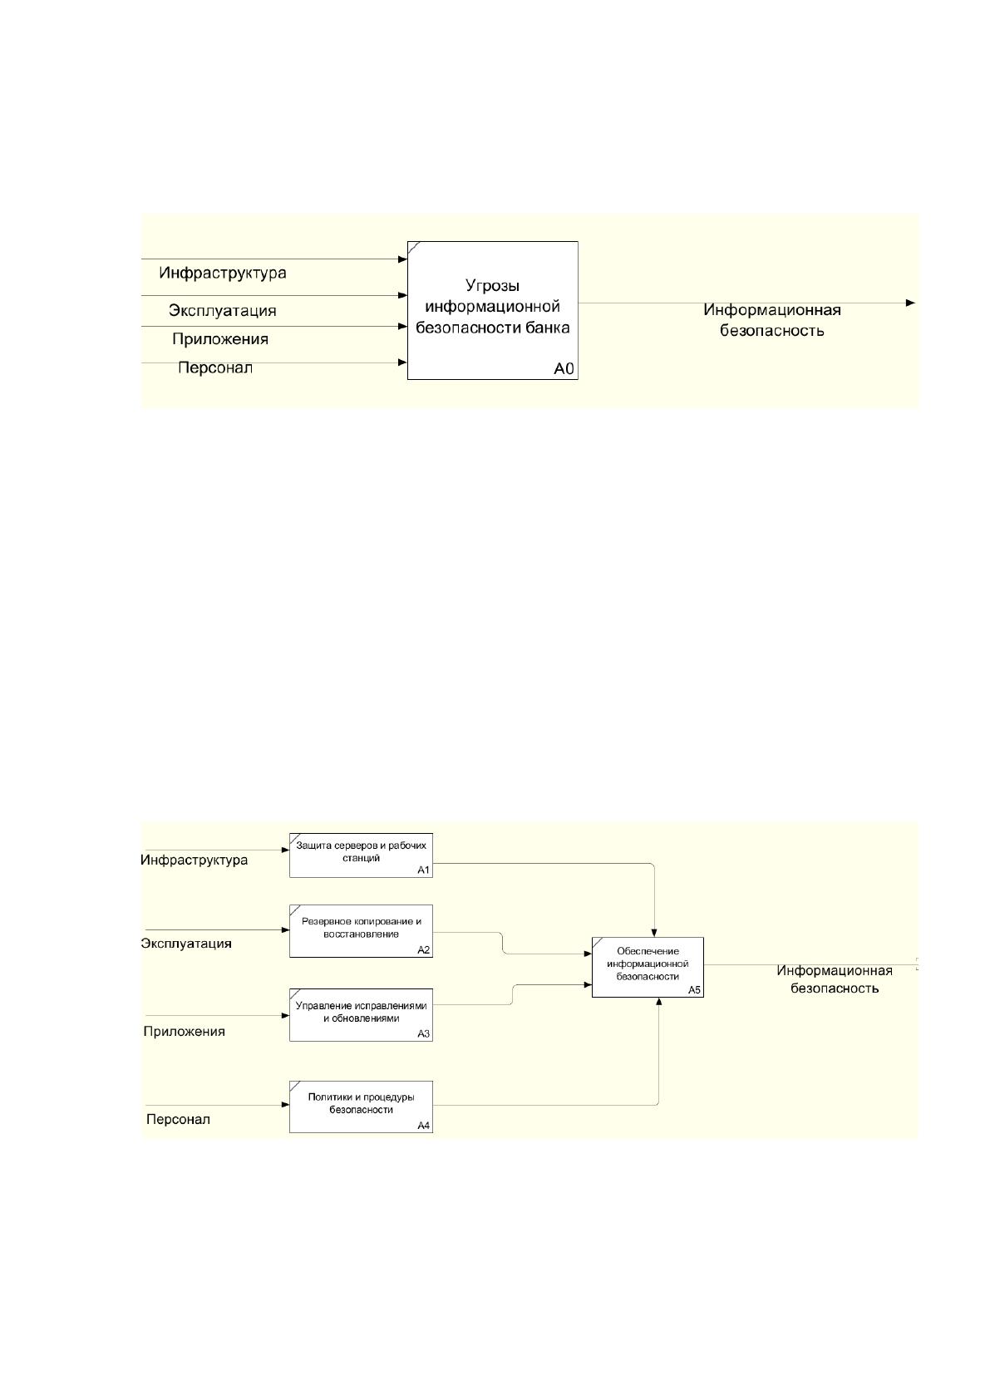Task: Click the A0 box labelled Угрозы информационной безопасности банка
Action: point(492,310)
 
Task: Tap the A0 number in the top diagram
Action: point(564,369)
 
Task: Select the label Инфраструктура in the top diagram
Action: point(223,274)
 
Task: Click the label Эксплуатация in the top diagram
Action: point(223,311)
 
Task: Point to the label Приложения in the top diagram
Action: point(220,339)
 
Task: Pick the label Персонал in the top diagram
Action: point(215,367)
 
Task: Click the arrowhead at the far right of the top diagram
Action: point(911,303)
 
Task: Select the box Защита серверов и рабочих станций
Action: point(362,855)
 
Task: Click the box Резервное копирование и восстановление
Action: point(362,931)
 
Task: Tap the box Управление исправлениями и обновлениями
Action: point(362,1015)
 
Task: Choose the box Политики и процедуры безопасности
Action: point(362,1107)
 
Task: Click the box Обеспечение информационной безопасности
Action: point(648,967)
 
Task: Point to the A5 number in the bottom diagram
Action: point(694,990)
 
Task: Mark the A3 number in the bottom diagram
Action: point(424,1033)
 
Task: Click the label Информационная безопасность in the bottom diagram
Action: point(835,979)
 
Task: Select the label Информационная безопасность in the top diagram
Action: point(772,320)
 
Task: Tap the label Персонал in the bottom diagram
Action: point(178,1119)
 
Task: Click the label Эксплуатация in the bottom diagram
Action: point(186,943)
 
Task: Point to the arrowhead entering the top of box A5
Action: point(653,933)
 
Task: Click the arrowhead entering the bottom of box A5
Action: point(658,1001)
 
